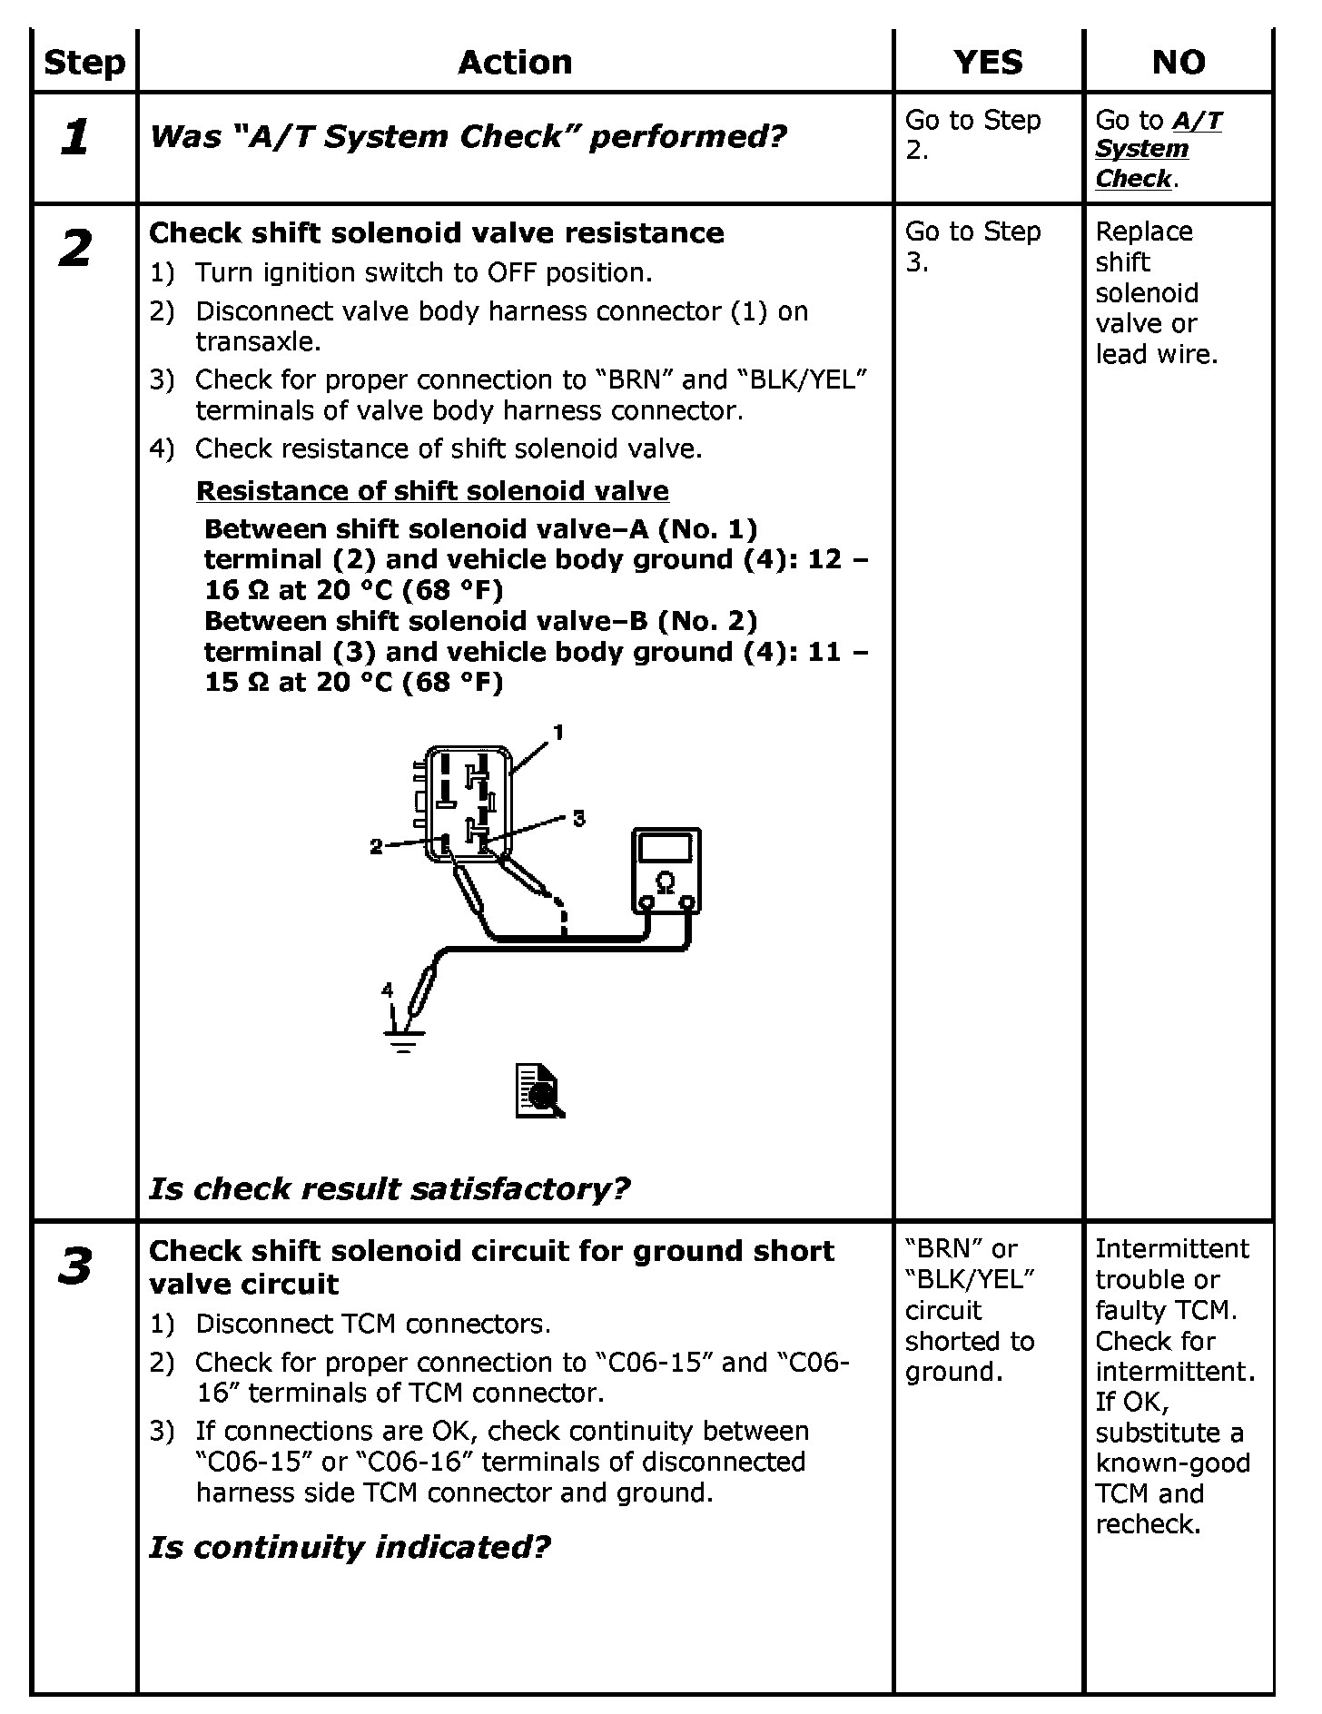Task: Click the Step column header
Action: (84, 63)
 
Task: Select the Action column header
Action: (515, 63)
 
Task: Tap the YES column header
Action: (988, 63)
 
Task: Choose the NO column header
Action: (1179, 63)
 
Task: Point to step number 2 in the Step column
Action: (74, 249)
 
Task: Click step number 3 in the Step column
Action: (74, 1267)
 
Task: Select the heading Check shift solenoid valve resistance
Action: (436, 233)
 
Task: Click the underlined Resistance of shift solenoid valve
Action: (432, 491)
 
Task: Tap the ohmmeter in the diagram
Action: (666, 870)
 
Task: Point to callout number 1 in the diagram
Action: (558, 732)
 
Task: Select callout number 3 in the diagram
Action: (578, 819)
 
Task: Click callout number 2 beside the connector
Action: (377, 847)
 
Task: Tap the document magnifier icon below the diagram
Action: (539, 1091)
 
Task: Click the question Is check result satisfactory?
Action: (389, 1188)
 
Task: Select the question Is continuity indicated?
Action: (350, 1547)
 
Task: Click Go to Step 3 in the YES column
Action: (972, 247)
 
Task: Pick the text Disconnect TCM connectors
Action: (373, 1324)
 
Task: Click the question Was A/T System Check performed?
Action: (468, 137)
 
